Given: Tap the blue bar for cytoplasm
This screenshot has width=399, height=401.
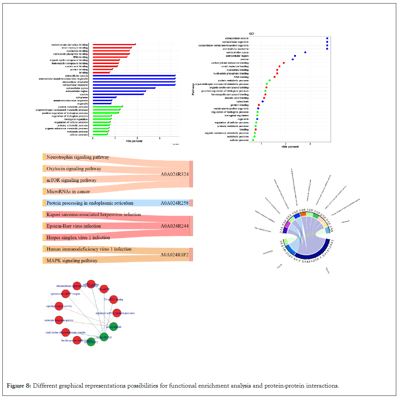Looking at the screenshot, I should tap(104, 97).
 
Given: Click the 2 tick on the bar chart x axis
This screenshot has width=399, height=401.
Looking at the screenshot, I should tap(137, 138).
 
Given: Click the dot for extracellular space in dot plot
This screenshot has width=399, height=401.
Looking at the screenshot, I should tap(305, 52).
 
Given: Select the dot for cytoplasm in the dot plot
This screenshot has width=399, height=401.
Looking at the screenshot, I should tap(263, 101).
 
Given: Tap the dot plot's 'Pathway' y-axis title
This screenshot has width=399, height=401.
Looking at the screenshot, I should tap(193, 89).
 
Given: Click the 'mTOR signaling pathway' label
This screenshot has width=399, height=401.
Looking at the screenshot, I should tap(71, 180).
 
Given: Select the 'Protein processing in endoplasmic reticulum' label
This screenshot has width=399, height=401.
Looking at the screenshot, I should tap(90, 203).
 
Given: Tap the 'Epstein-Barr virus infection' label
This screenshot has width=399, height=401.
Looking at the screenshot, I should tap(74, 226).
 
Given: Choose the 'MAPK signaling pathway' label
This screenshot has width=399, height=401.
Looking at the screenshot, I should tap(72, 260).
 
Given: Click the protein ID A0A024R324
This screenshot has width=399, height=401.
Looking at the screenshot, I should tap(175, 174).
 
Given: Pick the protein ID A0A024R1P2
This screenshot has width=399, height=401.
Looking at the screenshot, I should tap(174, 255).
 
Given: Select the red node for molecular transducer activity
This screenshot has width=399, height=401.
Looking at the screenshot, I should tap(59, 320).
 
